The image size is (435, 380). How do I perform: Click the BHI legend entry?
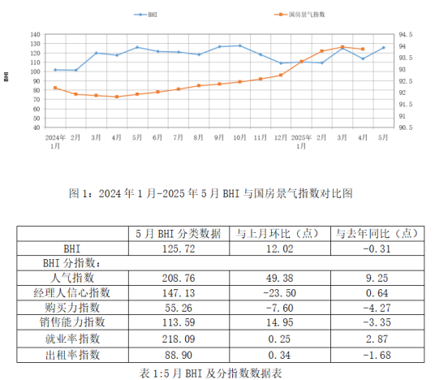pyautogui.click(x=148, y=15)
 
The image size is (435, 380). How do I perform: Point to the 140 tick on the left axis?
pyautogui.click(x=35, y=35)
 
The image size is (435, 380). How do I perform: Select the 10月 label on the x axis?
pyautogui.click(x=240, y=138)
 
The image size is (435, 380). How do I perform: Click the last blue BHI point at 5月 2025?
pyautogui.click(x=383, y=48)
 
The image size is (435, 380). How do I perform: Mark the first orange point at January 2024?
pyautogui.click(x=55, y=88)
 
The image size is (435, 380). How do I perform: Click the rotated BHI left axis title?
pyautogui.click(x=6, y=76)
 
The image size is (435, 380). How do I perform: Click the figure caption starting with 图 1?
pyautogui.click(x=212, y=194)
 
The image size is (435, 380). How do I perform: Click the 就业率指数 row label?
pyautogui.click(x=72, y=339)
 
